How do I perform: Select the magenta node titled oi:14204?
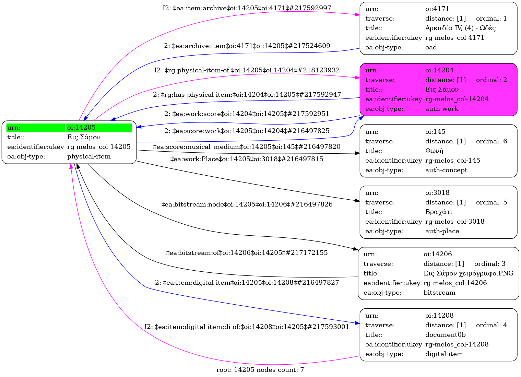click(x=438, y=90)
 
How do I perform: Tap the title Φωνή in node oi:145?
click(x=434, y=151)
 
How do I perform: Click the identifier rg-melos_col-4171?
click(x=455, y=38)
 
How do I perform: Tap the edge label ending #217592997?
click(x=247, y=8)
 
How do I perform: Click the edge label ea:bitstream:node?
click(x=247, y=204)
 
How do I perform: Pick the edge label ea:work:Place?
click(x=247, y=159)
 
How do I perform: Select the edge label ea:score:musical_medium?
click(x=247, y=147)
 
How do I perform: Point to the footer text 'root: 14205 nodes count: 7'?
click(x=260, y=370)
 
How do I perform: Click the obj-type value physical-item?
click(x=89, y=156)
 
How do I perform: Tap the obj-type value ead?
click(x=431, y=47)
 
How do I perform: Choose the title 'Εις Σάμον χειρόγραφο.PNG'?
click(x=469, y=273)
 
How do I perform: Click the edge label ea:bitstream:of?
click(x=247, y=253)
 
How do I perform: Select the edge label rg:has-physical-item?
click(x=247, y=94)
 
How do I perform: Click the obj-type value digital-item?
click(x=444, y=354)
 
